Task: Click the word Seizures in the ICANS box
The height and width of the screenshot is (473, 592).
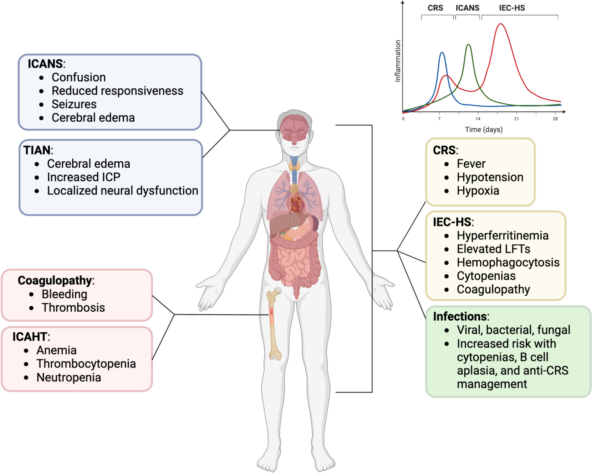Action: [74, 104]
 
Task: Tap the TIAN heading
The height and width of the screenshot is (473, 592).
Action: [37, 150]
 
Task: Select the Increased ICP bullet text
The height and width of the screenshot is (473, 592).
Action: [83, 177]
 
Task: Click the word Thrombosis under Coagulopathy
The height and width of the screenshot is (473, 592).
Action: [73, 308]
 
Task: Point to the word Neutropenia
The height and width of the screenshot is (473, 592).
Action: [68, 378]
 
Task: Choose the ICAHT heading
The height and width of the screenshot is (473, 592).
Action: [30, 337]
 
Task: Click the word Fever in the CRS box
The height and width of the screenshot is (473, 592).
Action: [471, 164]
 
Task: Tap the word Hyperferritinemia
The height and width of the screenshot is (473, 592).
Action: [502, 236]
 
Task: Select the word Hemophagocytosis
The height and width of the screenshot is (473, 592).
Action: [508, 263]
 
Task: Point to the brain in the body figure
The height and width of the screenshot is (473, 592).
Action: [294, 128]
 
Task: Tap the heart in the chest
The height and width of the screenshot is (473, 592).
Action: [296, 205]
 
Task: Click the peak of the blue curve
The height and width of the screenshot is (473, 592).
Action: [442, 53]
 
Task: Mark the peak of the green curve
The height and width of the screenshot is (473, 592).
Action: [469, 45]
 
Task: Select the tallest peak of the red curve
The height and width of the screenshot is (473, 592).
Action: [501, 24]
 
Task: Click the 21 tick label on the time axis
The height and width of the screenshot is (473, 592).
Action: [516, 119]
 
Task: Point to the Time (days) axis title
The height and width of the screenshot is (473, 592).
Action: [484, 130]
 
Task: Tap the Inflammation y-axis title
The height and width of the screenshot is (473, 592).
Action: [398, 61]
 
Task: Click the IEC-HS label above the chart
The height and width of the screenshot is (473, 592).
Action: [512, 8]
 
